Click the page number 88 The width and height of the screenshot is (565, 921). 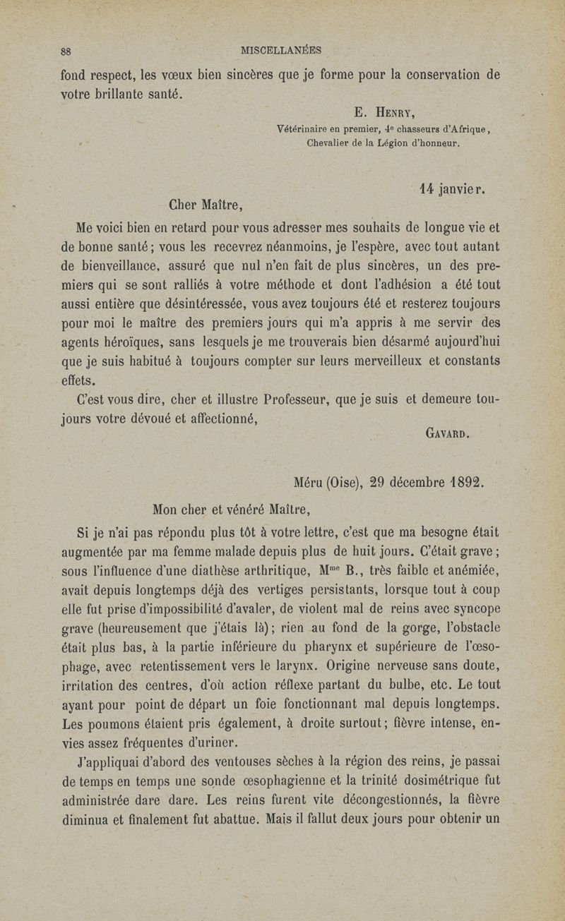tap(67, 51)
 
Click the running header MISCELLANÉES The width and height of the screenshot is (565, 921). tap(281, 51)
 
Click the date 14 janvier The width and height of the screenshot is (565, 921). tap(453, 189)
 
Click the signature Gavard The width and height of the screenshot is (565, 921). tap(448, 435)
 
